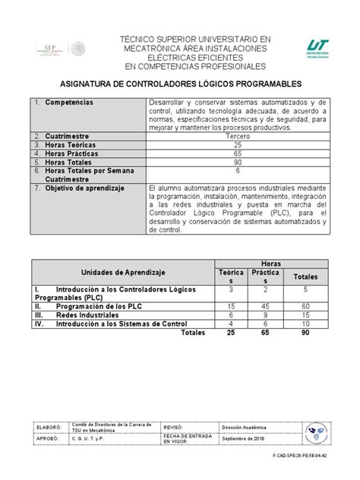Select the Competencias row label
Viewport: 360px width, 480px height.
(69, 101)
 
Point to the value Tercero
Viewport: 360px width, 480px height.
(237, 137)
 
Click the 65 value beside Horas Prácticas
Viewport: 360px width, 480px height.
(237, 153)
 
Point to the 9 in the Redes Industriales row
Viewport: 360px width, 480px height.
(266, 314)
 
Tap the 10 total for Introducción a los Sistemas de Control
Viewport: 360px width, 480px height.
(305, 323)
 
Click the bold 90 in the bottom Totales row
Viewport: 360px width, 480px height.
(305, 332)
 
